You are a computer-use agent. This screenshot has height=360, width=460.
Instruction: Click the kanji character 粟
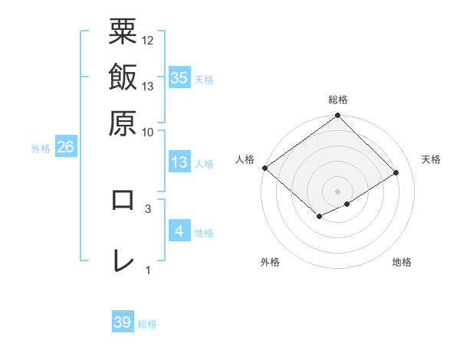click(x=123, y=33)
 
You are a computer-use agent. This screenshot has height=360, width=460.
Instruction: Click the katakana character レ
click(x=123, y=260)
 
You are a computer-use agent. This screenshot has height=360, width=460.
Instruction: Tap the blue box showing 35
click(x=179, y=77)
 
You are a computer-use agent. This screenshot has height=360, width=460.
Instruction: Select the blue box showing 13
click(x=179, y=162)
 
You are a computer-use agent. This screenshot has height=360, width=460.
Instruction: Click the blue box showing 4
click(x=179, y=231)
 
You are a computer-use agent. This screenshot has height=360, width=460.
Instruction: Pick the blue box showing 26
click(x=66, y=148)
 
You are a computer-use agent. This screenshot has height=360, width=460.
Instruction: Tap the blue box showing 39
click(x=123, y=322)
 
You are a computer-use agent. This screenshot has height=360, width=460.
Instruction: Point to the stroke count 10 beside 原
click(x=148, y=131)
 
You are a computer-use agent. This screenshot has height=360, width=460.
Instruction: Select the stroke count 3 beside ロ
click(x=148, y=208)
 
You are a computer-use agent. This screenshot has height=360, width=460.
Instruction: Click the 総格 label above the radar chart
click(x=338, y=100)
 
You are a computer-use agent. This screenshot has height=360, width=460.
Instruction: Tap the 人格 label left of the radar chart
click(x=245, y=159)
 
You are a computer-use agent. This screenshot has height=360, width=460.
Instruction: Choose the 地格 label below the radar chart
click(x=402, y=263)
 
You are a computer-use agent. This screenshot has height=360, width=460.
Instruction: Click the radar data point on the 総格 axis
click(x=338, y=116)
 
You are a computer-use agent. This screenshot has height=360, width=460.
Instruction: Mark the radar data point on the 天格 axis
click(x=397, y=173)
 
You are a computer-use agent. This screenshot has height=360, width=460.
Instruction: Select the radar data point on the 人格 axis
click(x=264, y=168)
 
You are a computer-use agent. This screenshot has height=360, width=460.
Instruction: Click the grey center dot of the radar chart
click(x=338, y=191)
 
